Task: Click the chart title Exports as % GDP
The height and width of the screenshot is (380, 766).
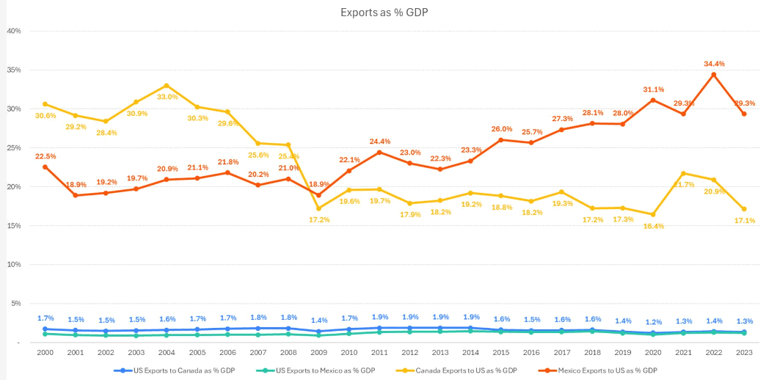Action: click(383, 12)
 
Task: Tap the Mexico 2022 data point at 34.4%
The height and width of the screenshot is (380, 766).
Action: click(713, 74)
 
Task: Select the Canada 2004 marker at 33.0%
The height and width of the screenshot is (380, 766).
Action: click(167, 86)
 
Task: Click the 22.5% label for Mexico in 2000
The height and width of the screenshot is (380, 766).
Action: click(45, 156)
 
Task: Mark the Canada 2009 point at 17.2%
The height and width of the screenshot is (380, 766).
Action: click(318, 208)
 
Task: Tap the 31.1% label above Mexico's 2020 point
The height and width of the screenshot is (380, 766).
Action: click(654, 89)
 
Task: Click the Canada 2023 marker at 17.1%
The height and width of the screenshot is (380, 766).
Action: click(744, 209)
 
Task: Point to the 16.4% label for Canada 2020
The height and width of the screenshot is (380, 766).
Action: click(654, 226)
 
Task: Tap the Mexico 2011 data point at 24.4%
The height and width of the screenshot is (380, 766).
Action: click(379, 153)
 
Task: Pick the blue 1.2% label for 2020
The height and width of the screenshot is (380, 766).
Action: click(654, 322)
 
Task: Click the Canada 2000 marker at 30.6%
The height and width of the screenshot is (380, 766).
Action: click(45, 104)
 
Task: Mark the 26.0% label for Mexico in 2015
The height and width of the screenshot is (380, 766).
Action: click(502, 129)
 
